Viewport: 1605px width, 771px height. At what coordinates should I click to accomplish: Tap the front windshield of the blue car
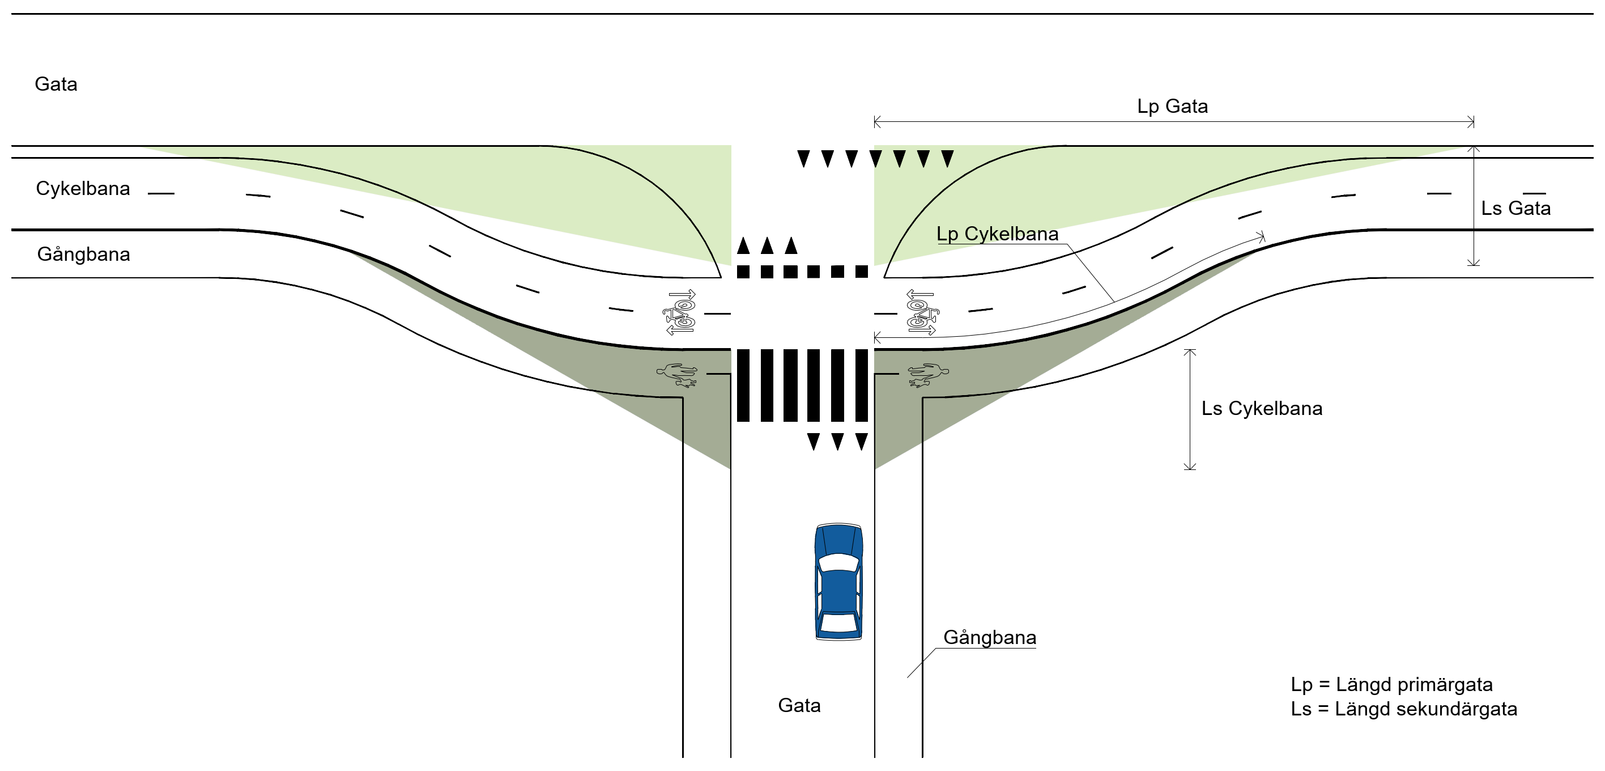(838, 562)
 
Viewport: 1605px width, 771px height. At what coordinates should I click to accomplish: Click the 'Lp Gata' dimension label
(1172, 106)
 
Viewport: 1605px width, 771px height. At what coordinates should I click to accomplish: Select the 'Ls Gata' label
(1515, 208)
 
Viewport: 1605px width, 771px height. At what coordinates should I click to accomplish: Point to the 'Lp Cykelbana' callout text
(997, 234)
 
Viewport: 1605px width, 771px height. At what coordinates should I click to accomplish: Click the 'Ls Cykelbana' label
(1261, 408)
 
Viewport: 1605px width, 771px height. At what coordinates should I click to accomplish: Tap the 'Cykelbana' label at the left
(83, 188)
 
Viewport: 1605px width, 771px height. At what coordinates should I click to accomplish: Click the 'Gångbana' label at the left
(83, 255)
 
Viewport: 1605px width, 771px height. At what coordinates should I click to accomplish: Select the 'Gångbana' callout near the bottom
(989, 637)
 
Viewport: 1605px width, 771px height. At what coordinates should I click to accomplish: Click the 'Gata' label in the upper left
(56, 84)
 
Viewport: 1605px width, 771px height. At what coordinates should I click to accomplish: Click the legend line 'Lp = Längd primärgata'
(1391, 684)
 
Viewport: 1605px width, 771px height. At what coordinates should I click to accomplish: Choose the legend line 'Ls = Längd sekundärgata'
(1404, 709)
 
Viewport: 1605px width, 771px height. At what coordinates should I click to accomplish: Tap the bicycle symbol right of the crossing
(922, 312)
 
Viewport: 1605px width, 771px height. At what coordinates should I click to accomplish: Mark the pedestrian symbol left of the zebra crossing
(676, 375)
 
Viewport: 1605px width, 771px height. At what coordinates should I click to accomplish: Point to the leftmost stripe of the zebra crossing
(743, 385)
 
